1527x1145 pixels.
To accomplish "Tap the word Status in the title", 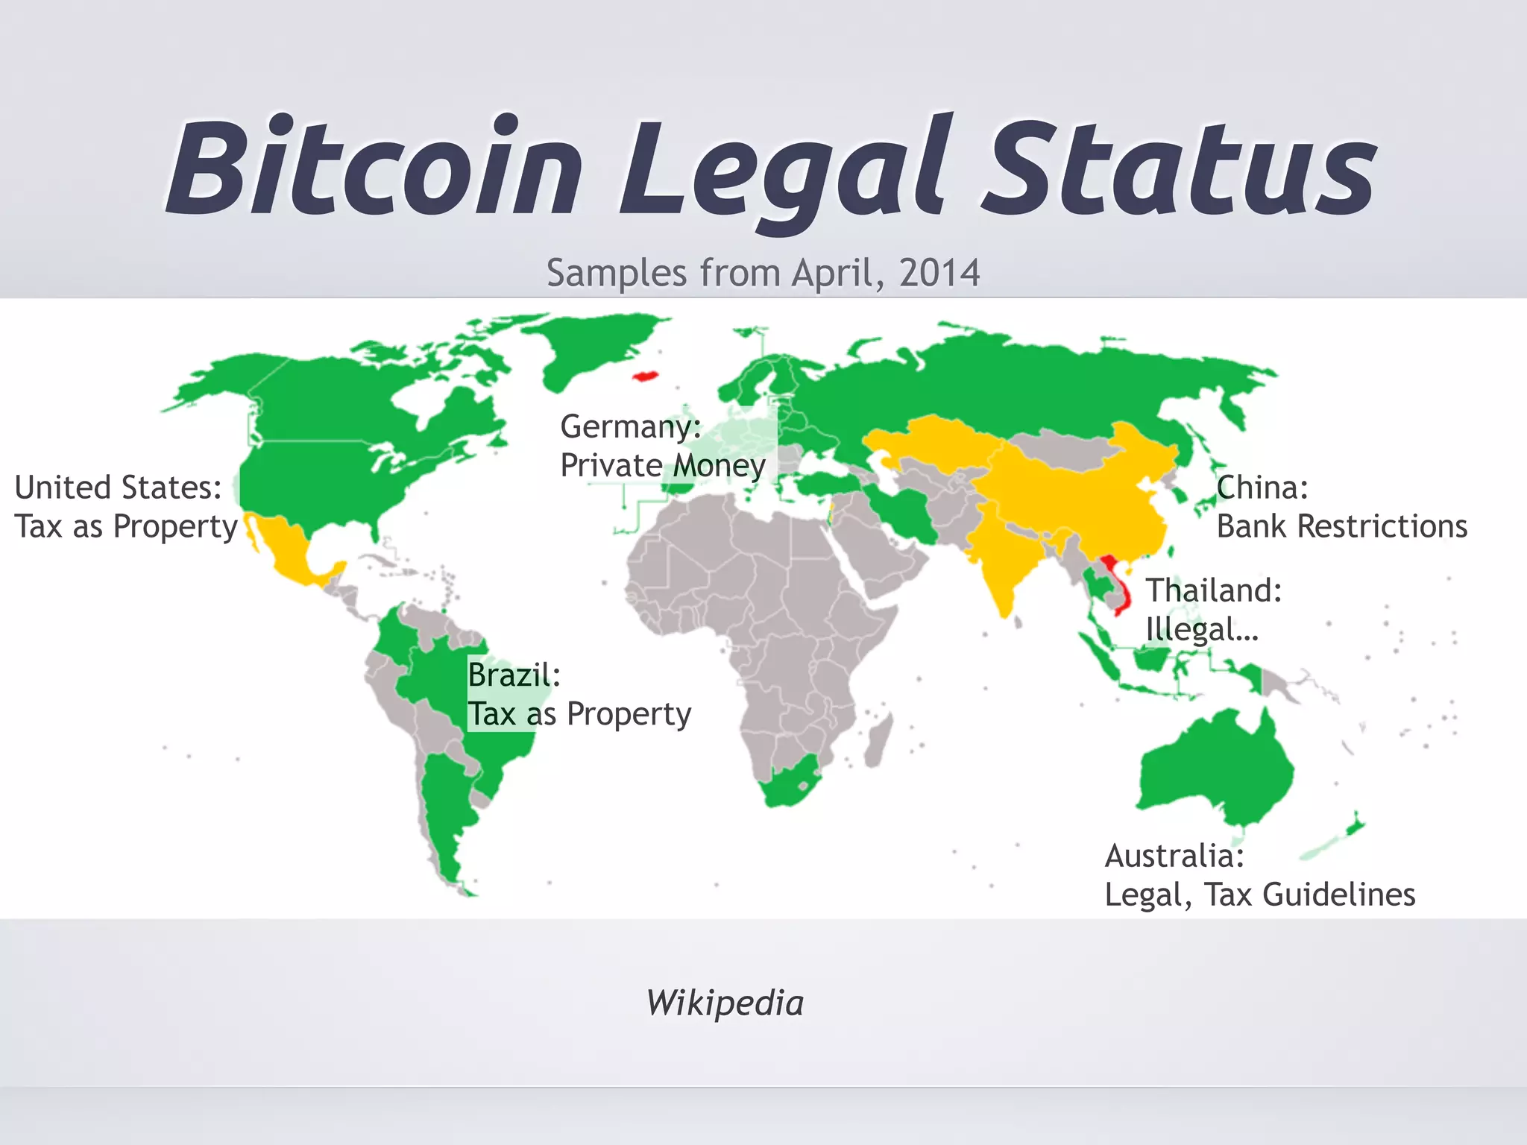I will point(1178,167).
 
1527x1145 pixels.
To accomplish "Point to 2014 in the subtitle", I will point(939,273).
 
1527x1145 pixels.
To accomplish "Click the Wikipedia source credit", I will point(725,1003).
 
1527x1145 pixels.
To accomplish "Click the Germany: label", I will point(631,426).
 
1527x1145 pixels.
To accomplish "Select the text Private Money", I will point(663,466).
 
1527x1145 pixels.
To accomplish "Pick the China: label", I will point(1262,488).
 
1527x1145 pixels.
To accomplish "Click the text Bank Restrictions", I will point(1342,526).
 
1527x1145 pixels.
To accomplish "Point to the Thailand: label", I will point(1214,590).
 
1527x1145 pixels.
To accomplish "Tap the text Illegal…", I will point(1202,630).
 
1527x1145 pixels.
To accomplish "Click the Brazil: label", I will point(514,675).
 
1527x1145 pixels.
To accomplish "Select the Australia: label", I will point(1174,856).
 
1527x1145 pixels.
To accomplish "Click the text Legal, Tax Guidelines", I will point(1259,895).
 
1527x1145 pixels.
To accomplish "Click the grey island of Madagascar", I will point(877,738).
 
